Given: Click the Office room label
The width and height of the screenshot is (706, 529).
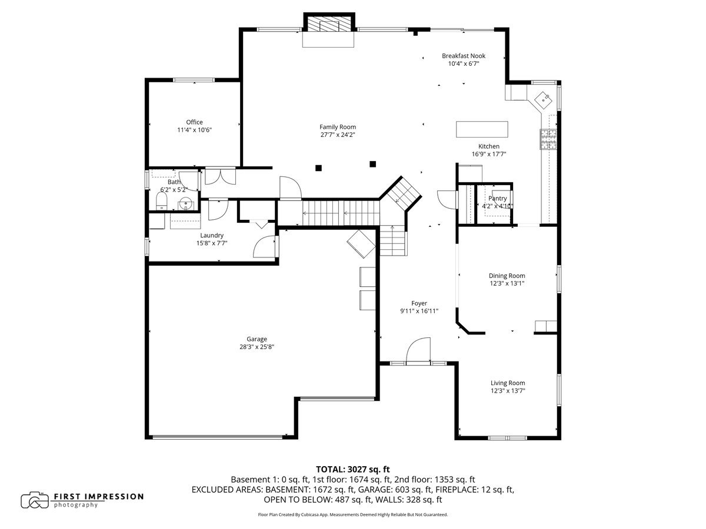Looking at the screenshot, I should click(x=194, y=122).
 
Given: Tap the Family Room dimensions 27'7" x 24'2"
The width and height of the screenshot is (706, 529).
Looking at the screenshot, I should click(x=337, y=135).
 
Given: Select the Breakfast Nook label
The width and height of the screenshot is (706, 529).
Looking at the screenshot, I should click(x=464, y=56).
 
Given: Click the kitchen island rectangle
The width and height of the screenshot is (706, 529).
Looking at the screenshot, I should click(x=482, y=129).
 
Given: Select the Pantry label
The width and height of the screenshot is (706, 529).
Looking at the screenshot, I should click(x=497, y=199).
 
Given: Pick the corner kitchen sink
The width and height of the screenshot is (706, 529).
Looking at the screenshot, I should click(x=542, y=99).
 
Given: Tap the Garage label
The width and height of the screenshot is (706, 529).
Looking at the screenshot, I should click(x=257, y=339).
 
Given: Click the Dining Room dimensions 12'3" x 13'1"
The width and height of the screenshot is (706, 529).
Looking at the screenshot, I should click(x=507, y=283).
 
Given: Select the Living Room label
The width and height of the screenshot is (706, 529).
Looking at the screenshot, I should click(x=508, y=383).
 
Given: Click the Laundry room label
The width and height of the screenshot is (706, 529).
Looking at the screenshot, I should click(x=211, y=235).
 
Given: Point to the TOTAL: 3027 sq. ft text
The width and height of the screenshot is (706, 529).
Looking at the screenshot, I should click(x=353, y=469).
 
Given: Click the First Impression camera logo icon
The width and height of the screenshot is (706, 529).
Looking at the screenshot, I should click(x=35, y=500).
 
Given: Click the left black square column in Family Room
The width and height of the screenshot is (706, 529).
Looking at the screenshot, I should click(x=318, y=168).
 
